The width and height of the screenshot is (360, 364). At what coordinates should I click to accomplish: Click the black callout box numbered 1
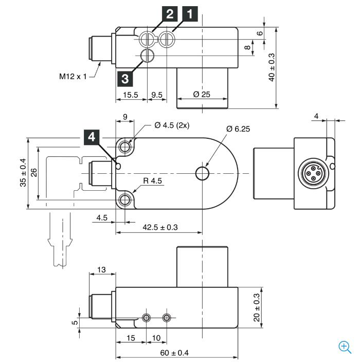click(190, 14)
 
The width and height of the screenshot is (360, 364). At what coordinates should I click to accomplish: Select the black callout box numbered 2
click(170, 14)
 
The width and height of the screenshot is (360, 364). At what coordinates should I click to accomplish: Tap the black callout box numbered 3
click(125, 79)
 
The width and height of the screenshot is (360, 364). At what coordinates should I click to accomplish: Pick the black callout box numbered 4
click(92, 137)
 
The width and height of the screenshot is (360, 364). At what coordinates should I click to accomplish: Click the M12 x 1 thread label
click(73, 76)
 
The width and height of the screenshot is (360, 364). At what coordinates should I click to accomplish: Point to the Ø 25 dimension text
click(202, 94)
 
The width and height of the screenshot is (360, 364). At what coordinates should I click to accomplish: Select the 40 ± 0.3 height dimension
click(271, 67)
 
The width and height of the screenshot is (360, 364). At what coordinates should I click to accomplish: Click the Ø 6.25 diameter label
click(238, 129)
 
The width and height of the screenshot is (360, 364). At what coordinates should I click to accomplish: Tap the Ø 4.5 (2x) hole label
click(172, 125)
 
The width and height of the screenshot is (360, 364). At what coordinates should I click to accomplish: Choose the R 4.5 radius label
click(152, 180)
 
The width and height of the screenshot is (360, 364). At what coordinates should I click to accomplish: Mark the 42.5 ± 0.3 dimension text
click(160, 227)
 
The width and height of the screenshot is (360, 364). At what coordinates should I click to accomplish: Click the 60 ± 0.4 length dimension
click(174, 353)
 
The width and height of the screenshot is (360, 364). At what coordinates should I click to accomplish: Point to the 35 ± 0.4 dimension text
click(23, 172)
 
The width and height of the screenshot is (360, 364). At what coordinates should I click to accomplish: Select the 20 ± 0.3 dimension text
click(257, 307)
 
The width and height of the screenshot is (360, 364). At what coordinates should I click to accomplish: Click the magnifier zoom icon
click(345, 347)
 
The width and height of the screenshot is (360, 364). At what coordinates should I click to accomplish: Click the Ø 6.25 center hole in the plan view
click(202, 173)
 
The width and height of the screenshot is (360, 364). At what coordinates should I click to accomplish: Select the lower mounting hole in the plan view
click(125, 200)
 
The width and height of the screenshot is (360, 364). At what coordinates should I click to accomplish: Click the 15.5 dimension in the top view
click(131, 95)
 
